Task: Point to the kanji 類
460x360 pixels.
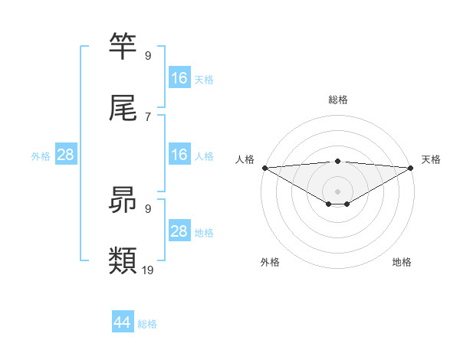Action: [x=123, y=261]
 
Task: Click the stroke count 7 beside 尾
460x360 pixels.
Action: [x=148, y=116]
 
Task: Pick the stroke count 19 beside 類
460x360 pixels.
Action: [x=149, y=270]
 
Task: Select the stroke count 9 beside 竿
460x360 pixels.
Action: [x=148, y=56]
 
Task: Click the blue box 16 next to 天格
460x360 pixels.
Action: [x=179, y=78]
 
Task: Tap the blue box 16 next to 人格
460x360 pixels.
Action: [x=179, y=155]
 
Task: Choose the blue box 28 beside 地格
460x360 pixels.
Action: [x=179, y=231]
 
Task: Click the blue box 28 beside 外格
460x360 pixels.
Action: [x=66, y=155]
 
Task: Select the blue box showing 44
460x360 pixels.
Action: [x=123, y=322]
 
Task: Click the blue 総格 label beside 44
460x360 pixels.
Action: [x=147, y=324]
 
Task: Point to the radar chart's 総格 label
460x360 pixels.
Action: [x=338, y=100]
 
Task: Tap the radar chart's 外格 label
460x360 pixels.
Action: [x=270, y=262]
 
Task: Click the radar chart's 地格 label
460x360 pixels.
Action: [x=402, y=262]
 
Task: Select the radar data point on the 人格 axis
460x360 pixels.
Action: [x=264, y=167]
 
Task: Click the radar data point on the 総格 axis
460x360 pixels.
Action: [x=338, y=161]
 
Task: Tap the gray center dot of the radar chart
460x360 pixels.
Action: [x=338, y=191]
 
